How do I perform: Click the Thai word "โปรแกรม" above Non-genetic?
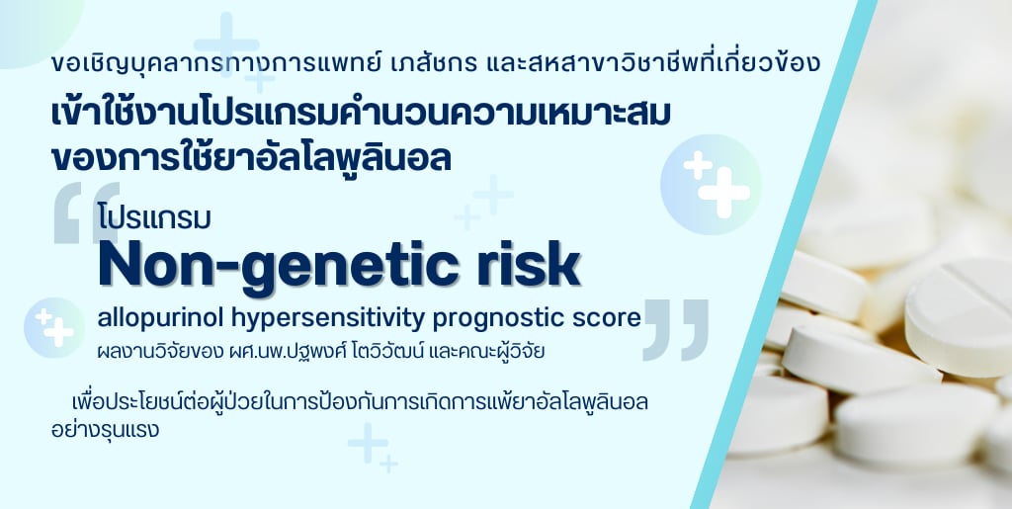tap(155, 218)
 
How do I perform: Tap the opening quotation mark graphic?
tap(87, 212)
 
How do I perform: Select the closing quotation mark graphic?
tap(675, 330)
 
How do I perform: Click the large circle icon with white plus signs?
tap(711, 184)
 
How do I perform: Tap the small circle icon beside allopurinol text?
tap(55, 327)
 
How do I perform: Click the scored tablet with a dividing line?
tap(960, 317)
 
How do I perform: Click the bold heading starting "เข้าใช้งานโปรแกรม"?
tap(362, 114)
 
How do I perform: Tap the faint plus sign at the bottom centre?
tap(369, 443)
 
